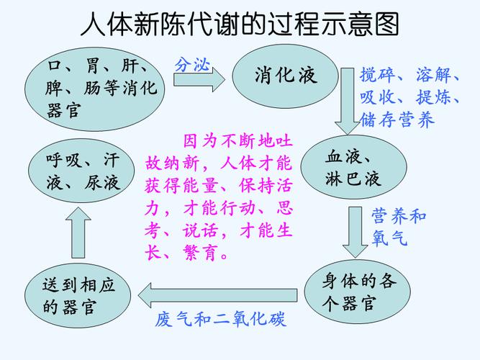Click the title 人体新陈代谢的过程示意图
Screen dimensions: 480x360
click(x=240, y=24)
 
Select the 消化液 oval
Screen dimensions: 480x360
click(x=285, y=76)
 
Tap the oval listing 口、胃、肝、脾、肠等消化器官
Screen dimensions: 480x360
click(x=94, y=89)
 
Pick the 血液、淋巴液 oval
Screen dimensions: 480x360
click(x=353, y=167)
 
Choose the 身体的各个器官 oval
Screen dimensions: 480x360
click(x=357, y=292)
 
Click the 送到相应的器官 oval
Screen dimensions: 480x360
click(x=78, y=295)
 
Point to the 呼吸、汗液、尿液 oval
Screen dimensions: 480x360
click(x=81, y=171)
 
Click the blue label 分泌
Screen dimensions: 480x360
click(x=192, y=65)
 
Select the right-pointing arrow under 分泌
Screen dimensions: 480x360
click(x=199, y=80)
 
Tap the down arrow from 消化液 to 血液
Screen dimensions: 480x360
click(x=347, y=101)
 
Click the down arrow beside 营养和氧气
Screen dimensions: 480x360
click(x=355, y=233)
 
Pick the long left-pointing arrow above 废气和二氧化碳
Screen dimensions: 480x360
click(x=217, y=295)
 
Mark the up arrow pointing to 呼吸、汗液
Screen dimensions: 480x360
click(x=78, y=233)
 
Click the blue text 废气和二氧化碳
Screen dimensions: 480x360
click(x=221, y=319)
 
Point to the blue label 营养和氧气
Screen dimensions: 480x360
click(x=398, y=227)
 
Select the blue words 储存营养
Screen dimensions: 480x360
click(x=397, y=120)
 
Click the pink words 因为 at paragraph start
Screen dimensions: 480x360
click(x=200, y=141)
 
